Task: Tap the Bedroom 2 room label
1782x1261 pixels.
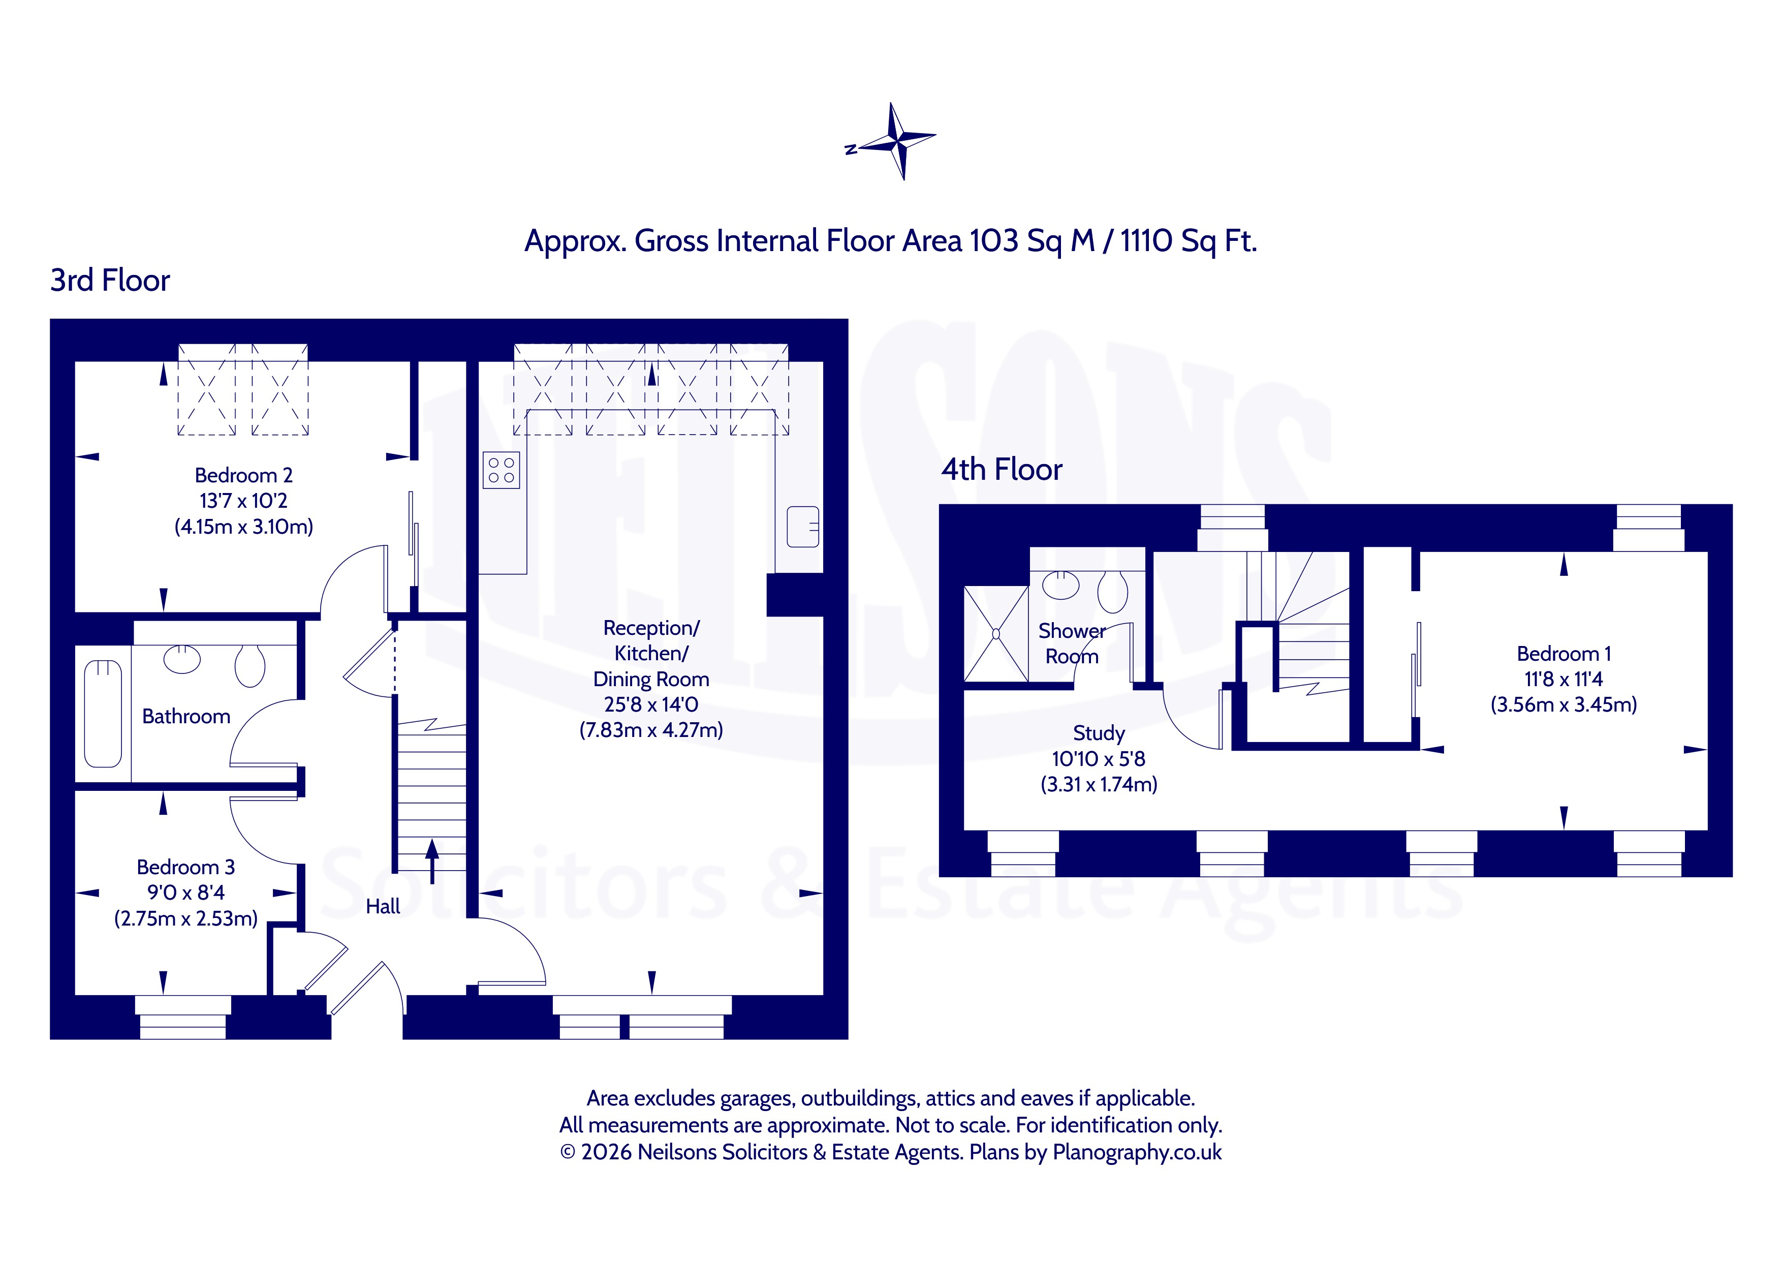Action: point(244,475)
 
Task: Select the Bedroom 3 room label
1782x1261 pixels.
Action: point(185,867)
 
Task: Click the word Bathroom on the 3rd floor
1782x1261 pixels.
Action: point(186,716)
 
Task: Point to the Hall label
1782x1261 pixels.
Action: point(383,906)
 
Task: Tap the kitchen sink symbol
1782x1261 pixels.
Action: point(802,527)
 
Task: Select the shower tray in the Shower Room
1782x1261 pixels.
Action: point(996,634)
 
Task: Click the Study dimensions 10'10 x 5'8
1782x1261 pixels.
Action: point(1098,759)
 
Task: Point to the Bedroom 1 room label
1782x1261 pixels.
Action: point(1564,654)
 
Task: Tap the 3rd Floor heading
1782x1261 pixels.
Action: point(110,281)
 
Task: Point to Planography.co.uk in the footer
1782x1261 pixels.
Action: point(1137,1152)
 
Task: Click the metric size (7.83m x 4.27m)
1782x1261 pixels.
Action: point(651,730)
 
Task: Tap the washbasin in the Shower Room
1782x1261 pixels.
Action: point(1061,586)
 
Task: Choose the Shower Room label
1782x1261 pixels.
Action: point(1073,643)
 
